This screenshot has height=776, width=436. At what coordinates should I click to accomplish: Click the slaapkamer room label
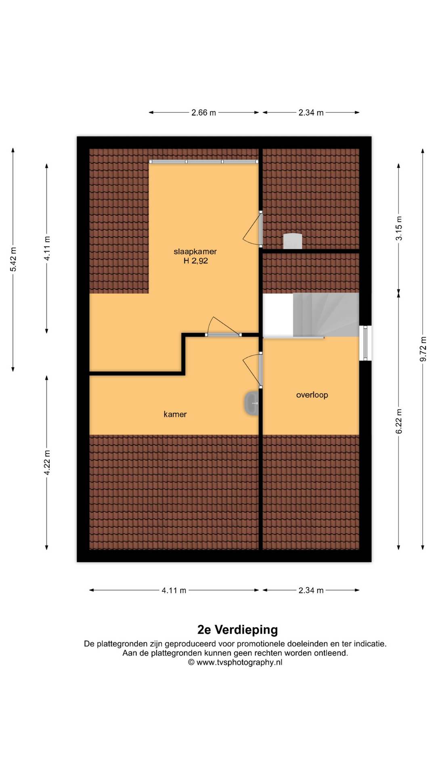tap(195, 251)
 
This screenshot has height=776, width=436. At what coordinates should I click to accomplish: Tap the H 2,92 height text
tap(196, 261)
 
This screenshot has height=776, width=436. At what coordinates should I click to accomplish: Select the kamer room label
tap(175, 414)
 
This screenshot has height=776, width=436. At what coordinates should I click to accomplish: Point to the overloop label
tap(312, 395)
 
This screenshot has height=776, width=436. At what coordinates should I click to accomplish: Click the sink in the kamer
tap(252, 403)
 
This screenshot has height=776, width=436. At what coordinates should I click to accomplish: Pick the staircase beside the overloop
tap(326, 315)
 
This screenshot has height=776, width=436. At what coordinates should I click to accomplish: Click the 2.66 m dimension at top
tap(203, 113)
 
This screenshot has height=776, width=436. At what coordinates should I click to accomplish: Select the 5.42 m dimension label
tap(13, 259)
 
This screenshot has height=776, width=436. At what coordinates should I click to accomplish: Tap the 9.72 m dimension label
tap(423, 349)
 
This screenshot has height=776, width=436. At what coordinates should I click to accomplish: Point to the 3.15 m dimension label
tap(399, 228)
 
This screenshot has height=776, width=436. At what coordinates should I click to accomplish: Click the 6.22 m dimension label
tap(399, 421)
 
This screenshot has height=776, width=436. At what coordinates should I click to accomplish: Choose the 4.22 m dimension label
tap(47, 462)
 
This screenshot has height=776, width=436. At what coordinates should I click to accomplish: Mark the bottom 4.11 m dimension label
tap(174, 590)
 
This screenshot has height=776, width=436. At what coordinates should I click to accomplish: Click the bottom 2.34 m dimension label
tap(311, 590)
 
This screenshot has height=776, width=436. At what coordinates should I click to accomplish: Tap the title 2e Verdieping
tap(237, 630)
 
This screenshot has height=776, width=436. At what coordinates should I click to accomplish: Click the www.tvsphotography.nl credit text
tap(239, 662)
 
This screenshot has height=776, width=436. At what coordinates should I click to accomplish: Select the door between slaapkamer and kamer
tap(223, 328)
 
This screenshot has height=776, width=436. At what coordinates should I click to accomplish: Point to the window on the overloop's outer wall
tap(365, 343)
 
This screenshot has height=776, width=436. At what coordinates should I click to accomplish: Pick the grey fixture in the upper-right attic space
tap(293, 241)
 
